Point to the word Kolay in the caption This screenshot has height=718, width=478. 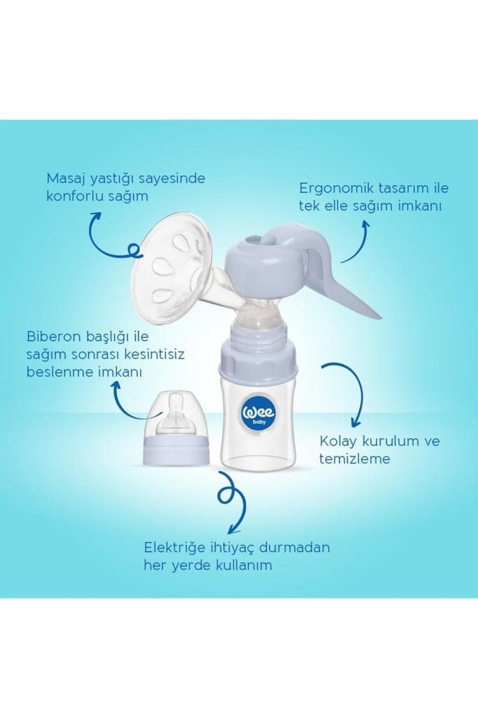click(336, 442)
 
